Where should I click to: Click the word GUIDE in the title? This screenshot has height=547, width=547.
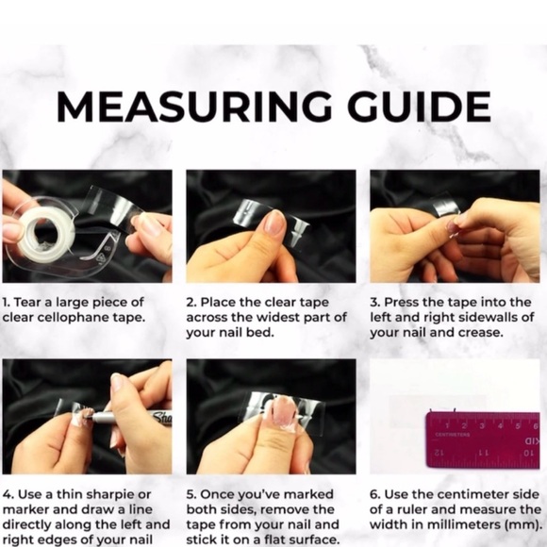(x=419, y=107)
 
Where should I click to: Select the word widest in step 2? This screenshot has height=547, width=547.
(x=267, y=318)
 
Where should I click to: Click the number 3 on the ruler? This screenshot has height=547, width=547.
(x=482, y=426)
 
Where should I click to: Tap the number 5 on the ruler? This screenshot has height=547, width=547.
(x=518, y=426)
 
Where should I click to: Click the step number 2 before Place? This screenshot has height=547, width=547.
(x=191, y=303)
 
